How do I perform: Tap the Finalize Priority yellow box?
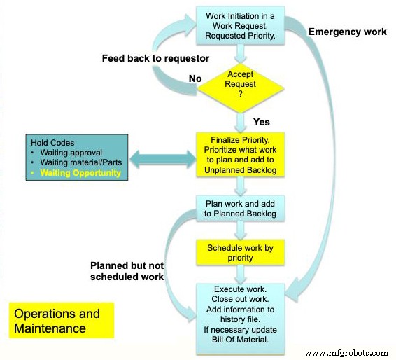[x=241, y=155]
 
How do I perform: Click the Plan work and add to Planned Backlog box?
[x=241, y=208]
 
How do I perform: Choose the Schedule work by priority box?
[x=241, y=253]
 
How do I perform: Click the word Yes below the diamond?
[x=261, y=122]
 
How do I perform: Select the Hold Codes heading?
[x=50, y=140]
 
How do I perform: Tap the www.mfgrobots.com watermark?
[x=346, y=352]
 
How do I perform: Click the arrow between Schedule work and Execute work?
[x=241, y=274]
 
